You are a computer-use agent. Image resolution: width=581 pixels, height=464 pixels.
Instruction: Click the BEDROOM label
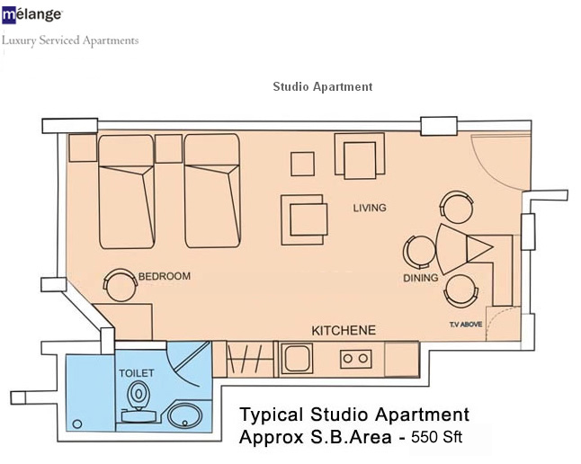point(165,276)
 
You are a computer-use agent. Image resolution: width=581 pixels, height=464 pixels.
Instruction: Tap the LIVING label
point(370,208)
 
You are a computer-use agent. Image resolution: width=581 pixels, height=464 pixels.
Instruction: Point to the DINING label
point(421,278)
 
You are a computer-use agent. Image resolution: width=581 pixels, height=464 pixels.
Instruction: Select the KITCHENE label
point(344,330)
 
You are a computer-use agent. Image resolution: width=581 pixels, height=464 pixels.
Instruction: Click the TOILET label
point(137,373)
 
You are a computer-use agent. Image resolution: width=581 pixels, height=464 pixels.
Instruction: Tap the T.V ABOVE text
point(466,325)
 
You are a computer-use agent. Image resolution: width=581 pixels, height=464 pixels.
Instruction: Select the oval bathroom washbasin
point(184,415)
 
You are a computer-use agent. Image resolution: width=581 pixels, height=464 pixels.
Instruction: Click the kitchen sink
point(297,359)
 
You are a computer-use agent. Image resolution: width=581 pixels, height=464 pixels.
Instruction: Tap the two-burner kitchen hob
point(356,359)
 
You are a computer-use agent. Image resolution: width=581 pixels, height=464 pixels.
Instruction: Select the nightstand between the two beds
point(168,148)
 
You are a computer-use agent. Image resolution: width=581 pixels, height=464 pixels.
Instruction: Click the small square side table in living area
point(303,164)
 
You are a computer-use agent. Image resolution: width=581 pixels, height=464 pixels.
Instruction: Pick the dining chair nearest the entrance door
point(457,207)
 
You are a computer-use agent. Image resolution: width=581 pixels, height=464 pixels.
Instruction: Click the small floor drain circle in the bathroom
point(77,424)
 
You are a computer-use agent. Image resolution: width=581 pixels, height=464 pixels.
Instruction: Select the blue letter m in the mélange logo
point(9,16)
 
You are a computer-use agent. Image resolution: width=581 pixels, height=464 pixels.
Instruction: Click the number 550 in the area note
point(425,437)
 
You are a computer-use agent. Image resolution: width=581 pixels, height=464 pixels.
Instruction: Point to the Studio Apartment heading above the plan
point(323,86)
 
